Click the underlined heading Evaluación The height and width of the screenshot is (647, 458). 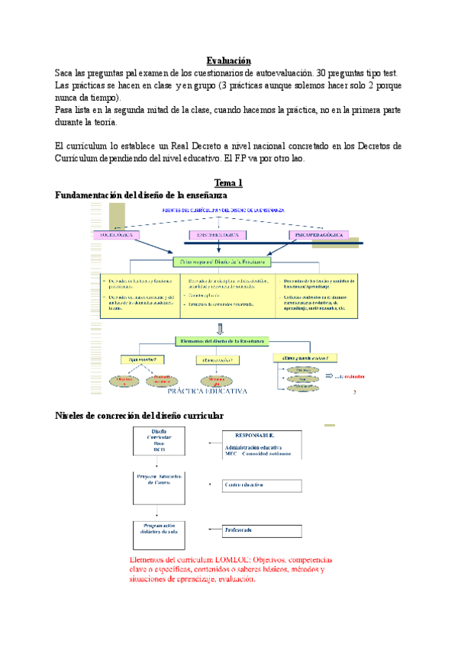229,61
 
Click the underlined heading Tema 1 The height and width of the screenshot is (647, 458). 229,184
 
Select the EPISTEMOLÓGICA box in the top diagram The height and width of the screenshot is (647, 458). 218,236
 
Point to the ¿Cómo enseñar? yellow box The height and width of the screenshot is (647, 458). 217,359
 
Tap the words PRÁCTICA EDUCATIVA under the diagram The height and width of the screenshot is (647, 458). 209,391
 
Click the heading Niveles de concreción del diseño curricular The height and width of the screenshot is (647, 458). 140,415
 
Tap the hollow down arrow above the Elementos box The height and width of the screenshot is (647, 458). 221,329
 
